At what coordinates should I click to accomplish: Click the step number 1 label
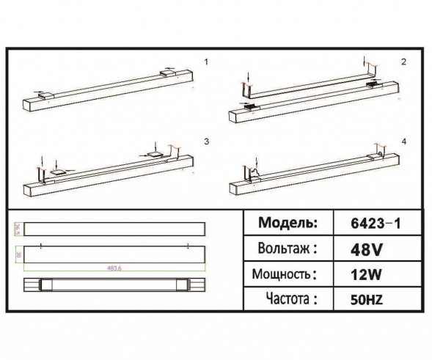point(207,63)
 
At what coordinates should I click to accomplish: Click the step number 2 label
point(403,62)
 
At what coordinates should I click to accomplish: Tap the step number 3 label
point(207,140)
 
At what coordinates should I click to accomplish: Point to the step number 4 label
point(403,140)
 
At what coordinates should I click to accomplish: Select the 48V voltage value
point(368,249)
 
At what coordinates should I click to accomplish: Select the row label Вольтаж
point(288,249)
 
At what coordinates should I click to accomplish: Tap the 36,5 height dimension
point(16,228)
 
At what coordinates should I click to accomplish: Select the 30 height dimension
point(16,254)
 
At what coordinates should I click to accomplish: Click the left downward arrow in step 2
point(249,76)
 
